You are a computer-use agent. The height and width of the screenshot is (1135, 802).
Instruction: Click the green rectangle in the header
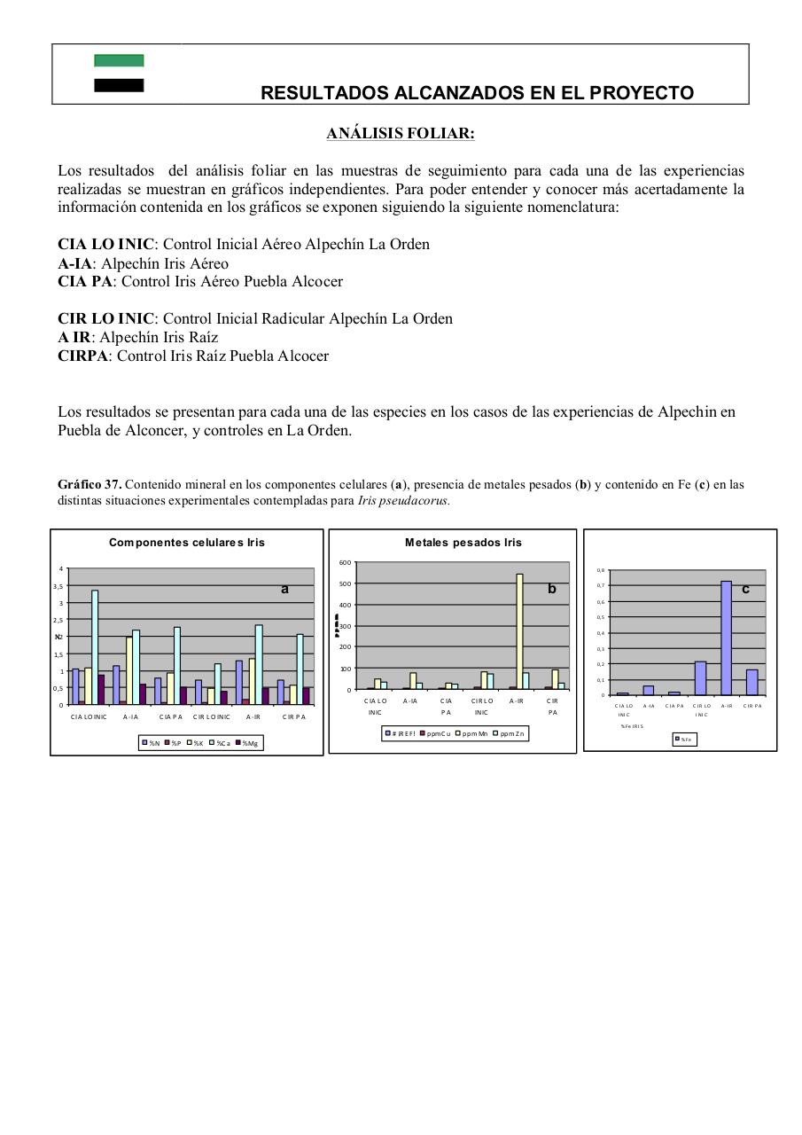(119, 60)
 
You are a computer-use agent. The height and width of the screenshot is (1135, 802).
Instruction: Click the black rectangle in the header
(119, 85)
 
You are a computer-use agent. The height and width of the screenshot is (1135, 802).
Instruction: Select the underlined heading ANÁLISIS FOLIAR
(401, 134)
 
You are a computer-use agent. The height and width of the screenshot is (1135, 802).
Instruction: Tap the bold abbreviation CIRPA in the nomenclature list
(83, 356)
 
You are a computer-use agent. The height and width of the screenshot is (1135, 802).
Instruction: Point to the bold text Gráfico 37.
(90, 485)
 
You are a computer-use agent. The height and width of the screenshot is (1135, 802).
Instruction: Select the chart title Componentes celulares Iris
(186, 543)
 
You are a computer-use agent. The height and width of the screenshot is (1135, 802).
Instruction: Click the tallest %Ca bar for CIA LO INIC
(95, 646)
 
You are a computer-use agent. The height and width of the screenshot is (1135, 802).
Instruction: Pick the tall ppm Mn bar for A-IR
(520, 630)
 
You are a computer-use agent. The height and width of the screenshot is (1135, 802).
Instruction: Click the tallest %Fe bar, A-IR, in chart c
(726, 638)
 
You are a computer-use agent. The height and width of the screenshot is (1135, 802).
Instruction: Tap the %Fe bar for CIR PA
(752, 682)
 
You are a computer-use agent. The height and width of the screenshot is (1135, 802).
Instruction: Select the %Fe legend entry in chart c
(684, 739)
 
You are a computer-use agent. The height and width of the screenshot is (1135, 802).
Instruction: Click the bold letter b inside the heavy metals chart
(551, 589)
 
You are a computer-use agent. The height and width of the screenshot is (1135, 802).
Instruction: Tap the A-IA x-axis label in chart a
(131, 716)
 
